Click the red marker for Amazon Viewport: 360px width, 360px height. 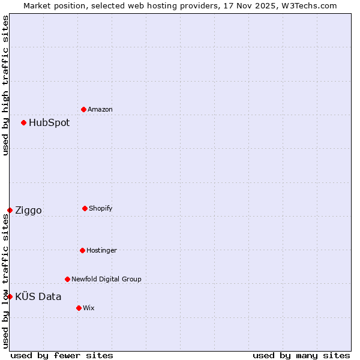(83, 109)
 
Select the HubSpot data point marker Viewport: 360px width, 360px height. (23, 122)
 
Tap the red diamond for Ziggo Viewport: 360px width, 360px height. (10, 210)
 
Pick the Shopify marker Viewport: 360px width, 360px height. (85, 208)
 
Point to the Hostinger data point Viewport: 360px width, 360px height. (82, 250)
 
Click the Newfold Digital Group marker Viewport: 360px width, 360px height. (67, 279)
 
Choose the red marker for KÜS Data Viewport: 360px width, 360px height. (10, 296)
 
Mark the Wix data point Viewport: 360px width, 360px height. (79, 308)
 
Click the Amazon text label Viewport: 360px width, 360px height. (100, 109)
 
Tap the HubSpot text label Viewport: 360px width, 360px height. (49, 123)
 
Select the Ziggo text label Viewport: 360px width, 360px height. (28, 211)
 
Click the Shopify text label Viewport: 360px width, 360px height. (101, 208)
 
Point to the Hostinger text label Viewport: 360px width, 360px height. (101, 250)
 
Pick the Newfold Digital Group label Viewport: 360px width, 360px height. (106, 279)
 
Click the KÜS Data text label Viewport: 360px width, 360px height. (38, 296)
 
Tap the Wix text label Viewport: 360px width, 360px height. (89, 308)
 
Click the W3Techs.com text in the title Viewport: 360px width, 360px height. (306, 5)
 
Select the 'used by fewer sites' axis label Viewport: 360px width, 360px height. (61, 355)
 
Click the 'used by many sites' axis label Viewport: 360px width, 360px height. (301, 355)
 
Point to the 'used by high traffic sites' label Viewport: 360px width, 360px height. (5, 85)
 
